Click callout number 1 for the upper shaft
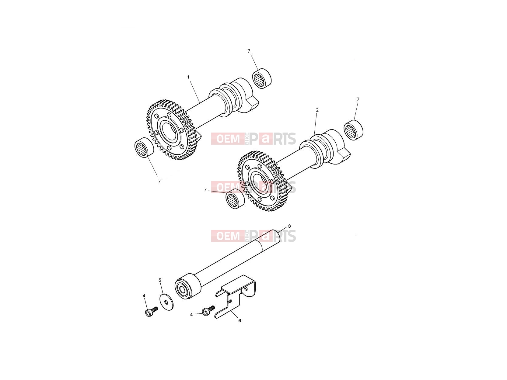pyautogui.click(x=188, y=77)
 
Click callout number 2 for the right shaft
pyautogui.click(x=317, y=110)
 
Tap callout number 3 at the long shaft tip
pyautogui.click(x=289, y=226)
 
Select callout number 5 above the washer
pyautogui.click(x=160, y=280)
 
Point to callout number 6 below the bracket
pyautogui.click(x=240, y=320)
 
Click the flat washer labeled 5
pyautogui.click(x=166, y=302)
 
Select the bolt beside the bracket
pyautogui.click(x=208, y=310)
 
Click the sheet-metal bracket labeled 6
pyautogui.click(x=236, y=296)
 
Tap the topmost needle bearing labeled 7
pyautogui.click(x=261, y=78)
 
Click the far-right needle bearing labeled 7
pyautogui.click(x=353, y=130)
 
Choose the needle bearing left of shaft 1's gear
pyautogui.click(x=144, y=147)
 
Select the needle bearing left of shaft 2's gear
pyautogui.click(x=235, y=199)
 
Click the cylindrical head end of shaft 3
pyautogui.click(x=187, y=286)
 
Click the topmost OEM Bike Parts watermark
pyautogui.click(x=254, y=139)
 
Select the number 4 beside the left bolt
pyautogui.click(x=144, y=296)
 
